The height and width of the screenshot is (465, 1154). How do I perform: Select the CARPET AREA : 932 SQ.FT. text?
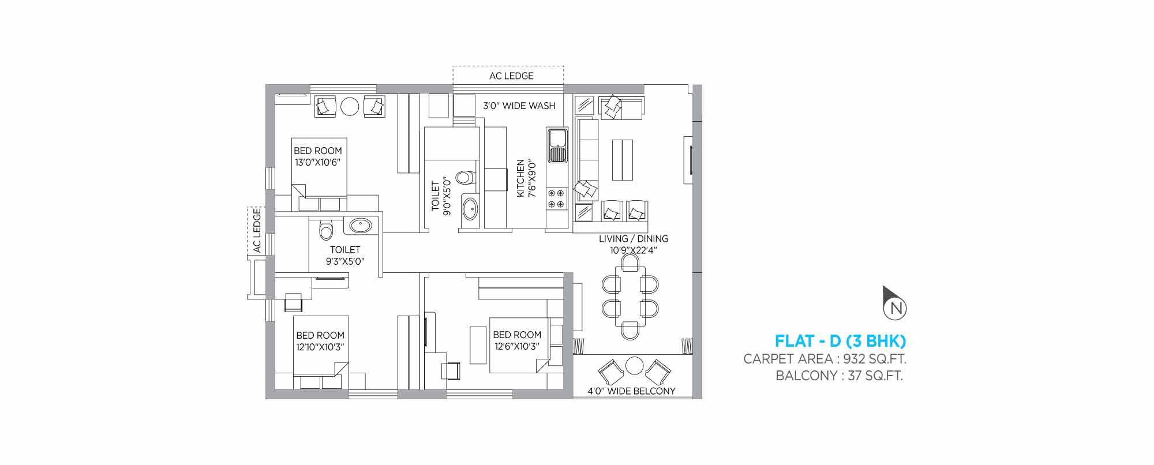825,359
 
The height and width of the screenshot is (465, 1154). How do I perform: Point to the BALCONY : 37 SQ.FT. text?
840,377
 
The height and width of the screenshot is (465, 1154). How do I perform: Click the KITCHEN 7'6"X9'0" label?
526,179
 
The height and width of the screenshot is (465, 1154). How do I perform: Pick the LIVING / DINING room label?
632,244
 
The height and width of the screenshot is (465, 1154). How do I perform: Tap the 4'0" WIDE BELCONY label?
631,391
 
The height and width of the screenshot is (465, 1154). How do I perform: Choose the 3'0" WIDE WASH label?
519,106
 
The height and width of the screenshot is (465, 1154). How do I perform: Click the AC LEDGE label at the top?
511,76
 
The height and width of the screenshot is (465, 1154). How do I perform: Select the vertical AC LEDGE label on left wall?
257,231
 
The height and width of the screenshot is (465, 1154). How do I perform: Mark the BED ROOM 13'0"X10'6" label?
318,156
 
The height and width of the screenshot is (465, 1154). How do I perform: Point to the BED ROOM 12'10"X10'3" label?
320,341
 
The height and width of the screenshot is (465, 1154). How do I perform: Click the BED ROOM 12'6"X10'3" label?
517,340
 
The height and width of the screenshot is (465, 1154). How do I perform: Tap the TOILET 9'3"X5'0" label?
345,256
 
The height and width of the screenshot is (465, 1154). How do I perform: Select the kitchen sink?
557,146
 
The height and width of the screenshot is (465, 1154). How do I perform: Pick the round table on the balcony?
635,365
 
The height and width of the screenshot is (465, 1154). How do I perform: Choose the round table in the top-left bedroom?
350,107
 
